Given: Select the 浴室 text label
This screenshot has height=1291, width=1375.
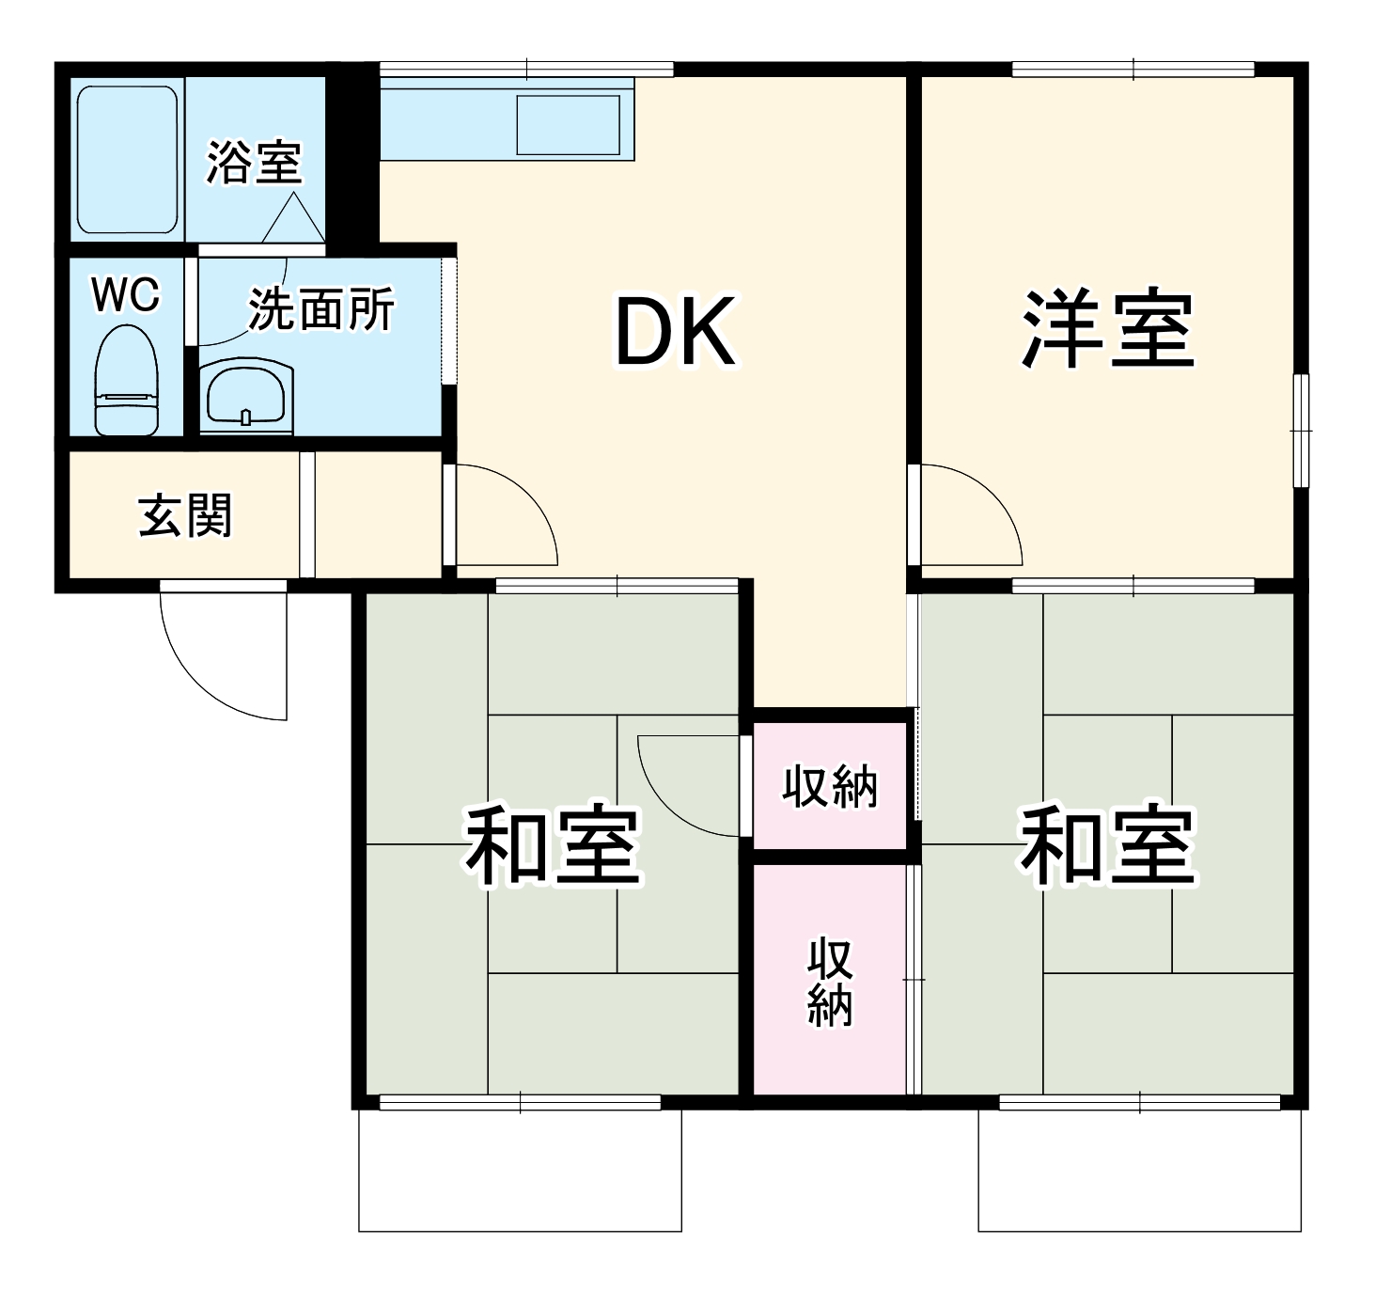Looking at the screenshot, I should (x=254, y=162).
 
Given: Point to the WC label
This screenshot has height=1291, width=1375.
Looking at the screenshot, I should (x=125, y=295).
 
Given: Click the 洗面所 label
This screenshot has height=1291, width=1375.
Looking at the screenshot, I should (x=321, y=308).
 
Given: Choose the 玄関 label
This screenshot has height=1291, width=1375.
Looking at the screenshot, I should (x=185, y=515).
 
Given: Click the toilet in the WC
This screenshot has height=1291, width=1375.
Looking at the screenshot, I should (x=127, y=382).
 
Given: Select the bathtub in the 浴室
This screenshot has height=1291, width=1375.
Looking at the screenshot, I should (x=127, y=160).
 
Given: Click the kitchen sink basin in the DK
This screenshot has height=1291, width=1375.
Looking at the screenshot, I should (x=569, y=124).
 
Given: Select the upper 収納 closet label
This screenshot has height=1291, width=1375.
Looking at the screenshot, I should (x=831, y=786).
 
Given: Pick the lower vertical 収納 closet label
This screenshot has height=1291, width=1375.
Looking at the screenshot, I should (x=831, y=982).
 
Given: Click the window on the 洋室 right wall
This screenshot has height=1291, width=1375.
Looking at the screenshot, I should (x=1302, y=431).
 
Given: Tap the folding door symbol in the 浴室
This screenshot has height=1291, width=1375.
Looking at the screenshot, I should (x=293, y=220).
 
